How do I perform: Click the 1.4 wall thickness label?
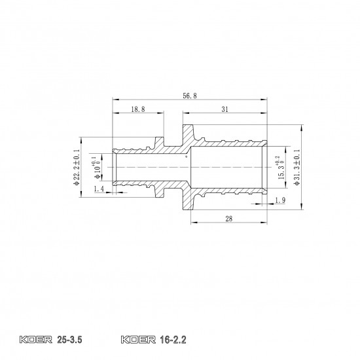tap(99, 189)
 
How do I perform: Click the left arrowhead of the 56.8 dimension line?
tap(115, 100)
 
